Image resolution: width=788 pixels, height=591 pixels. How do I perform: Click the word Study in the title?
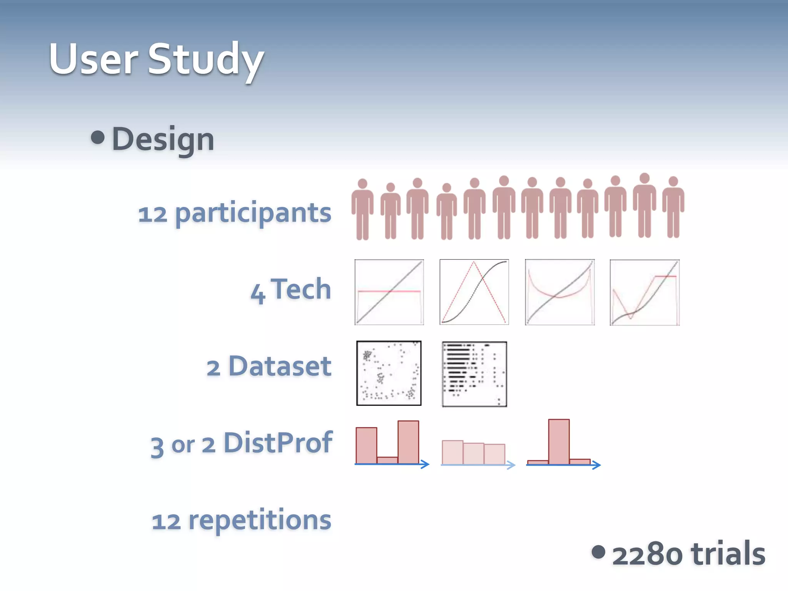click(206, 60)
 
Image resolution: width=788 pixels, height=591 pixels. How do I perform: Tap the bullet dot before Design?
click(98, 138)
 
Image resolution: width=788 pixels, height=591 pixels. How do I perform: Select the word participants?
click(253, 213)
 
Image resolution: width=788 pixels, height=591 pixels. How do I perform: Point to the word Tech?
click(301, 289)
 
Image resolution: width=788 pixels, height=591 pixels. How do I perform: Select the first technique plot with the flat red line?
click(389, 292)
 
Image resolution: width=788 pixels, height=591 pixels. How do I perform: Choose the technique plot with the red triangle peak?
click(474, 292)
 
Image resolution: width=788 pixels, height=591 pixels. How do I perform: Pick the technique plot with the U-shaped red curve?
click(559, 292)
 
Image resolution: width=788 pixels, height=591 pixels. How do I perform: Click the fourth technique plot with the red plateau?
click(644, 292)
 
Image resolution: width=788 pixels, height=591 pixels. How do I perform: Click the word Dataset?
click(280, 366)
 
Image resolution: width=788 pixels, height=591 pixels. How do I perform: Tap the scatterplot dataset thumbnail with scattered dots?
click(389, 373)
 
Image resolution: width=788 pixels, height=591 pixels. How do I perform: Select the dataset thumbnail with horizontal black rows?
click(474, 374)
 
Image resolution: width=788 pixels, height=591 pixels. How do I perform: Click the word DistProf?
click(278, 443)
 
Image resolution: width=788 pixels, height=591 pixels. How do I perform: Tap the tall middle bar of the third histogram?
click(559, 442)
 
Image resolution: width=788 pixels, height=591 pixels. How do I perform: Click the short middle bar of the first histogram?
click(387, 460)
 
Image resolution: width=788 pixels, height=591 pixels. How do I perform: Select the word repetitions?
click(260, 520)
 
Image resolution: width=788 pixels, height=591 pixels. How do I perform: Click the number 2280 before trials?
click(647, 554)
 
